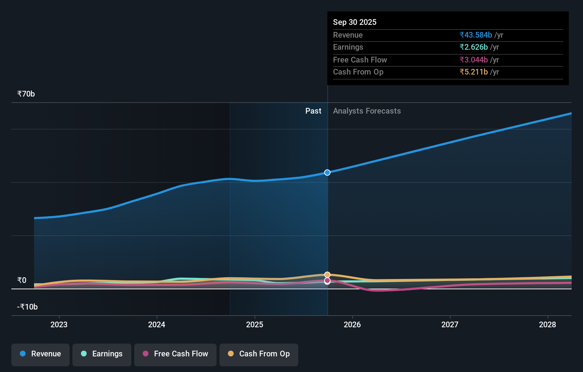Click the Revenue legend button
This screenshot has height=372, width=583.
point(40,354)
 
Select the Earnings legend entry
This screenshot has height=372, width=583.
point(102,354)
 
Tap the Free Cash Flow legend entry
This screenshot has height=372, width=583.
point(175,354)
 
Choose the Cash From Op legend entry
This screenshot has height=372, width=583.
point(259,354)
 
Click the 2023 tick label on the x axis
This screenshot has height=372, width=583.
point(59,325)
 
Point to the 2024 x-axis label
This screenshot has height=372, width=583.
point(157,325)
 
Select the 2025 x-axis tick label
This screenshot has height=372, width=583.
point(255,325)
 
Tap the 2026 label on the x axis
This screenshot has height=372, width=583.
point(352,325)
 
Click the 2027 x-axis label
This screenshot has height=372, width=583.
point(450,325)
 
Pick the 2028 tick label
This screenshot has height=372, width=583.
point(547,325)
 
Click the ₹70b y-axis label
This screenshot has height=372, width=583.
point(26,94)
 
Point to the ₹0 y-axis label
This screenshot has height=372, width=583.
point(22,280)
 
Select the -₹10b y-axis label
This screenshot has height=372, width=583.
point(27,307)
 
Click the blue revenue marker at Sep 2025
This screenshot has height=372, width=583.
point(327,173)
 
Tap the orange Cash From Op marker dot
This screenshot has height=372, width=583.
point(327,275)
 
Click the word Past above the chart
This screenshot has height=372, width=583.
point(313,111)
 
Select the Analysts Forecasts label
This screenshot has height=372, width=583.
point(367,111)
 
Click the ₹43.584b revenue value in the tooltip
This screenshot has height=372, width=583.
point(475,35)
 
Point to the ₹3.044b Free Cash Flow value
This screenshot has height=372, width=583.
point(473,60)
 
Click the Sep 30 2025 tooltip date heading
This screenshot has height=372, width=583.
point(355,22)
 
